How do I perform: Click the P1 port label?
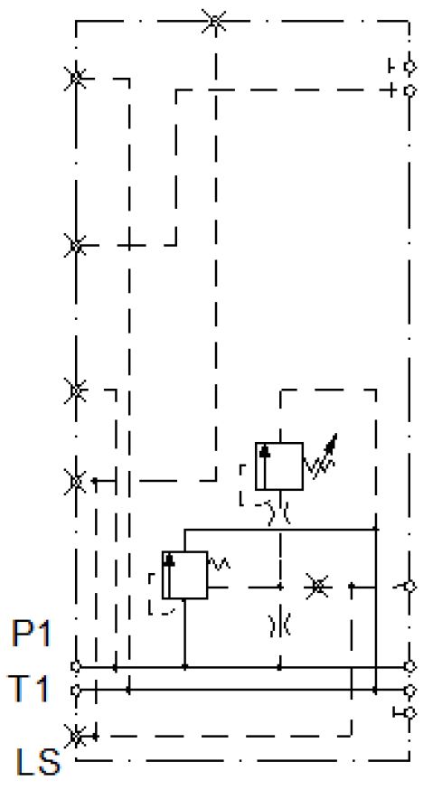tap(32, 634)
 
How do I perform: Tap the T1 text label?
tap(29, 689)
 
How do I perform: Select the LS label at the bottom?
tap(38, 761)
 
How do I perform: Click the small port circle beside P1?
tap(76, 666)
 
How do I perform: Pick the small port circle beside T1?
tap(76, 690)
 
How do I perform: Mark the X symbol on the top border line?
tap(214, 22)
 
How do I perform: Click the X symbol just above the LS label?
tap(76, 736)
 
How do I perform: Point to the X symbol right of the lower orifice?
tap(318, 587)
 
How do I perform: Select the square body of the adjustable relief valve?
tap(278, 466)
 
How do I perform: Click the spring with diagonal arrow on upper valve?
tap(321, 457)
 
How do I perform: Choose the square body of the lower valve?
tap(184, 575)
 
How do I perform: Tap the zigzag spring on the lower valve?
tap(219, 563)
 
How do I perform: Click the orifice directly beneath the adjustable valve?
tap(279, 513)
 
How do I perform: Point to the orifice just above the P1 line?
tap(279, 625)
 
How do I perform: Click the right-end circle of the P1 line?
tap(410, 666)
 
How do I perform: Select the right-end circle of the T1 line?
tap(410, 690)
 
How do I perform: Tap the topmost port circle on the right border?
tap(410, 66)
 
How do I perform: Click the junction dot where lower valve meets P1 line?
tap(185, 666)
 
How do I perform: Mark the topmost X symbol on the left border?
tap(76, 78)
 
